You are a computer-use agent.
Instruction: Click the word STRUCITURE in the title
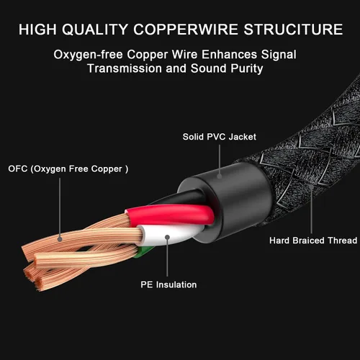pos(293,30)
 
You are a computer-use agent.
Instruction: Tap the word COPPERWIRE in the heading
pos(186,30)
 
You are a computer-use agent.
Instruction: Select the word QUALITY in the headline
pos(95,30)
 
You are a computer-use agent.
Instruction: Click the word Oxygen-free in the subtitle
pos(88,55)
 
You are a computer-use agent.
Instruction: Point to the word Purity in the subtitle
pos(247,68)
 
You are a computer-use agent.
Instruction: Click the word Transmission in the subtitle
pos(125,68)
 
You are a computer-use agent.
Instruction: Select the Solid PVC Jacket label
pos(220,137)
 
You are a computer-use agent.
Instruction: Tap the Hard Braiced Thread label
pos(313,240)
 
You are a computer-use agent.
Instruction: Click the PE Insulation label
pos(168,284)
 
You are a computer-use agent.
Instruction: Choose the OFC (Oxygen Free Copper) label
pos(68,168)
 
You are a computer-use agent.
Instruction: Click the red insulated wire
pos(171,215)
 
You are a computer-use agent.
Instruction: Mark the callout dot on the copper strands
pos(60,239)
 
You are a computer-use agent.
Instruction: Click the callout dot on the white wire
pos(167,238)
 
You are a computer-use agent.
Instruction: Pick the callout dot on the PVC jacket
pos(220,176)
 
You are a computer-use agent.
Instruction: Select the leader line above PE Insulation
pos(167,258)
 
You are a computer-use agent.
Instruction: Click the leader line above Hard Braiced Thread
pos(311,211)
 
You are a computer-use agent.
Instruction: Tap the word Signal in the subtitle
pos(279,55)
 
